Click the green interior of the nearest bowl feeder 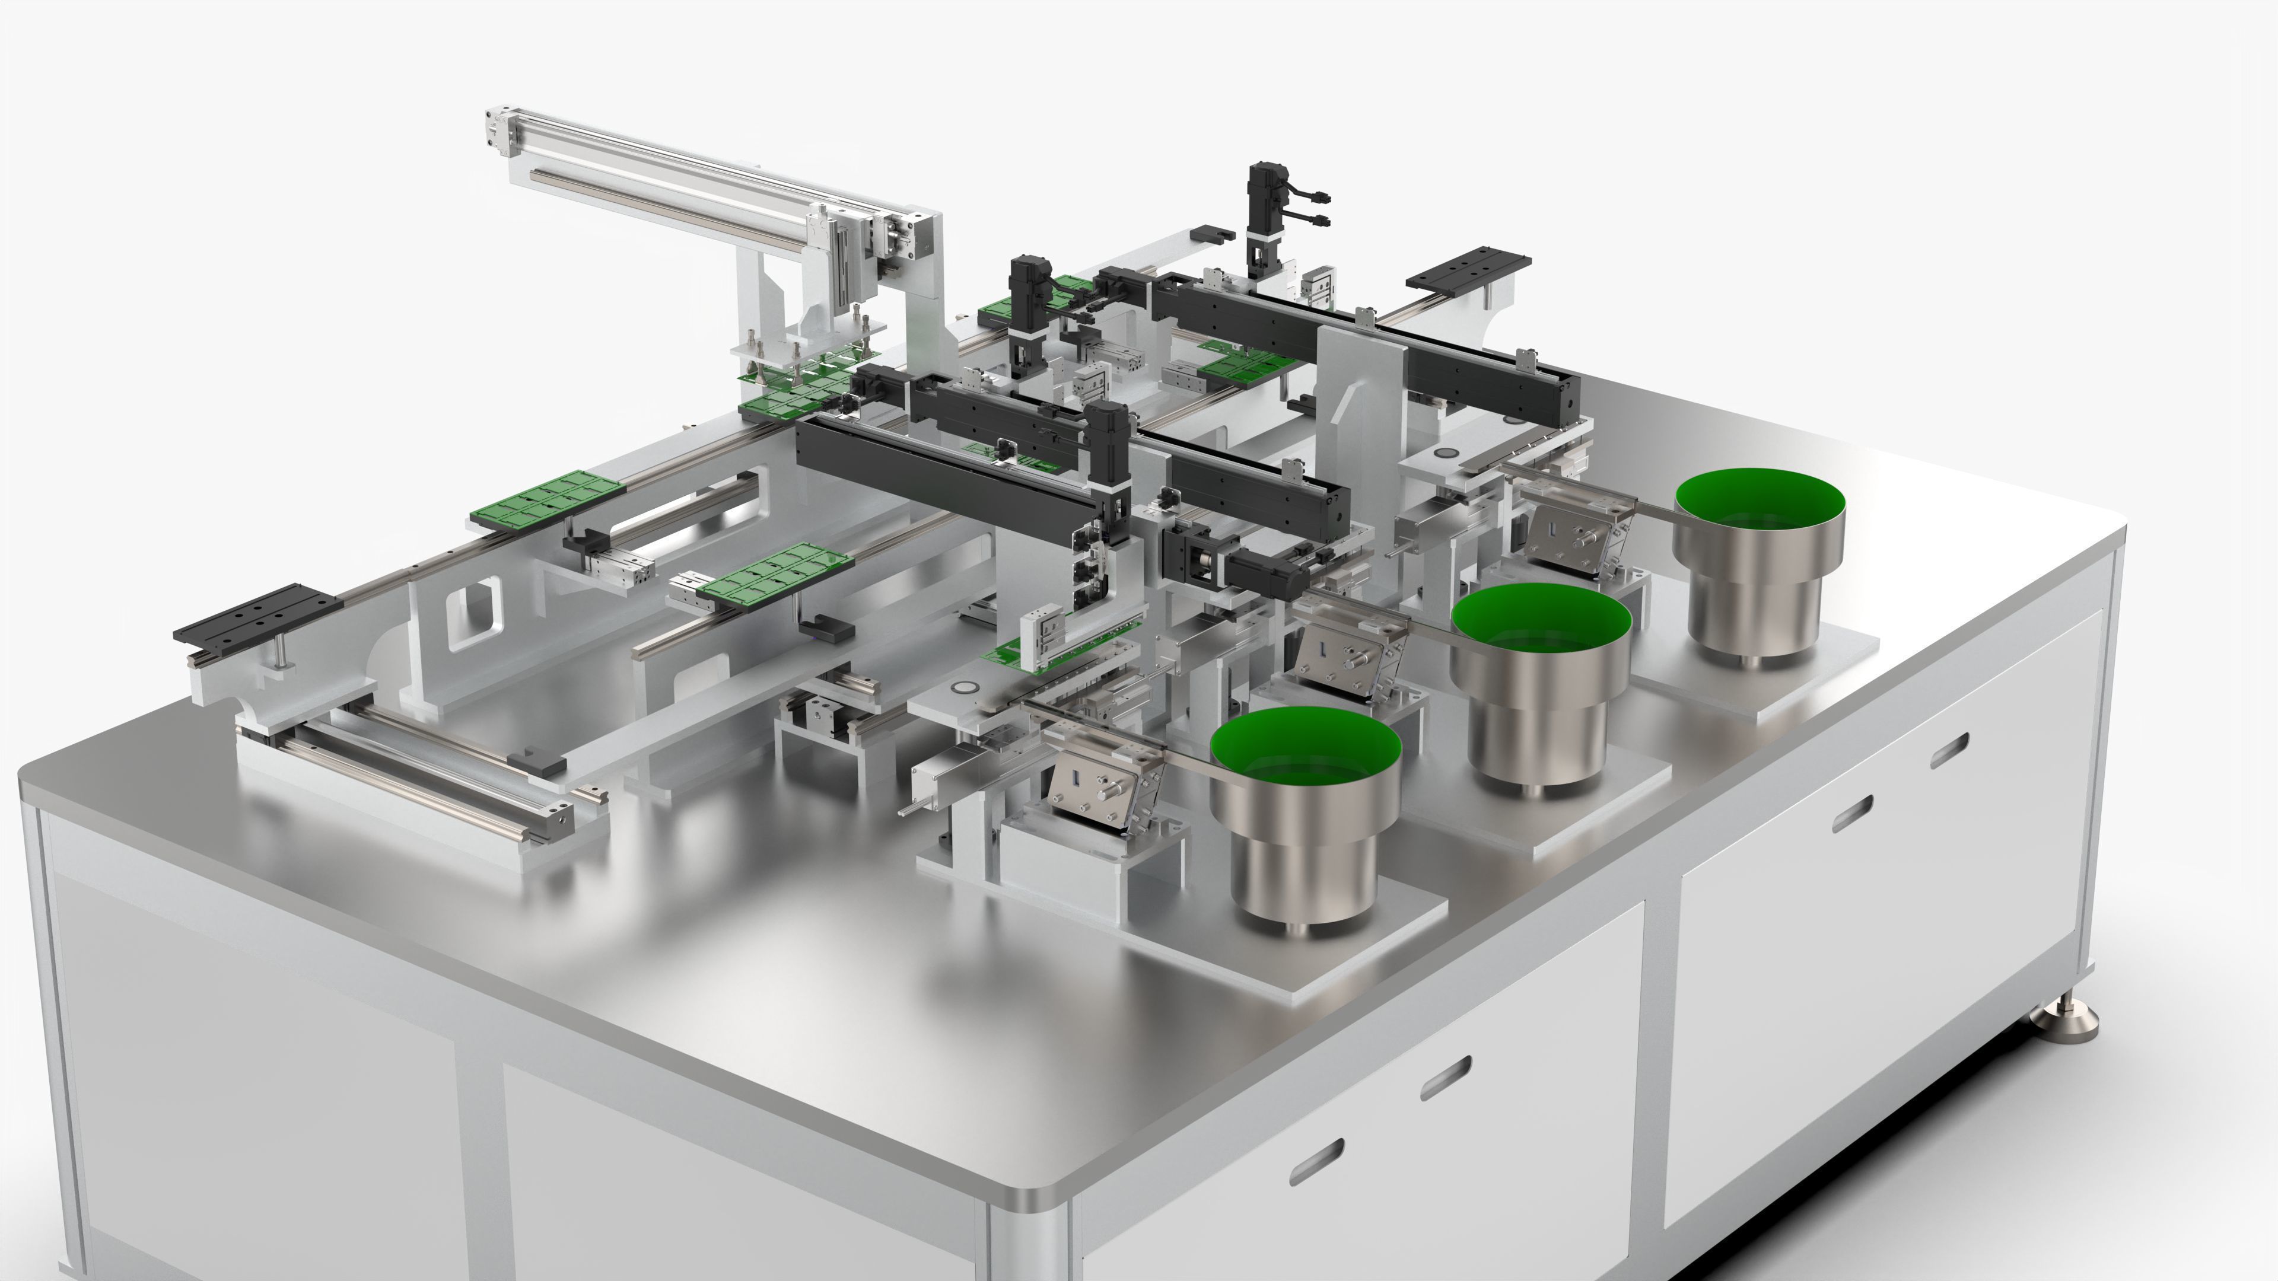1305,751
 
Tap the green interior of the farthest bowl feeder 1760,508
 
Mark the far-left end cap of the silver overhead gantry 497,133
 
